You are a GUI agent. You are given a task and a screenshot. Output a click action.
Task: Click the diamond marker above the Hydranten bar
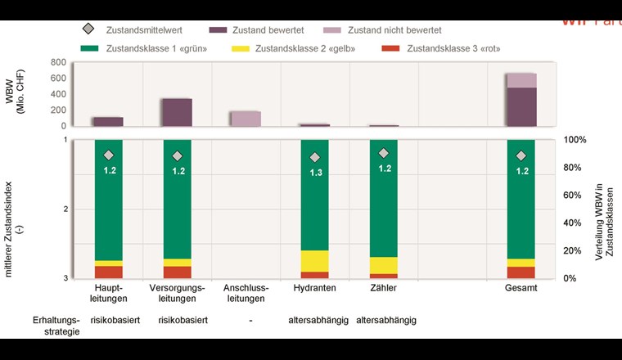click(x=314, y=157)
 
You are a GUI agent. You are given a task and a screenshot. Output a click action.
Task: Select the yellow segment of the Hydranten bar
click(x=314, y=261)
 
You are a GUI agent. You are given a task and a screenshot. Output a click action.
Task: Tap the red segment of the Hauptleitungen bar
click(x=108, y=272)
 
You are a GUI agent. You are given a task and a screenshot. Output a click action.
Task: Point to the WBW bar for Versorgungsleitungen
click(x=177, y=112)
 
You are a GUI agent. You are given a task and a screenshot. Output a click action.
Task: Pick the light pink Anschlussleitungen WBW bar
click(x=246, y=119)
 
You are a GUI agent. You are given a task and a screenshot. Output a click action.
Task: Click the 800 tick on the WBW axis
click(x=57, y=62)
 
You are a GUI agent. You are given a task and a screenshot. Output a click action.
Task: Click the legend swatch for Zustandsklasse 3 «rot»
click(x=392, y=49)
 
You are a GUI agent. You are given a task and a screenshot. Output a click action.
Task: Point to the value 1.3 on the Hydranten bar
click(x=314, y=173)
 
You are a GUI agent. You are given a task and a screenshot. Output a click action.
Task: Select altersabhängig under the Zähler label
click(x=386, y=321)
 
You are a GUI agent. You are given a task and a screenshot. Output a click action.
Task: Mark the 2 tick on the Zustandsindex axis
click(x=65, y=209)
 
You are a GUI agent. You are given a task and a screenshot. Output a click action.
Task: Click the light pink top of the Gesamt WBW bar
click(x=521, y=79)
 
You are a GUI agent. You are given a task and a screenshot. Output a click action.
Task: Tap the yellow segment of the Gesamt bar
click(x=521, y=263)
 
